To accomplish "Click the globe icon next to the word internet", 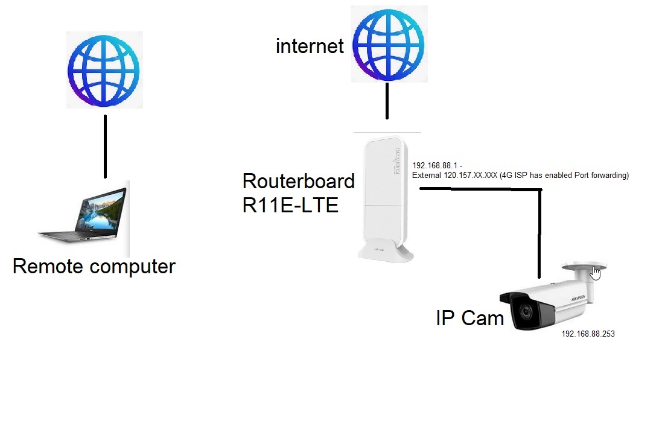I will [x=387, y=43].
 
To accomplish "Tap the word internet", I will [x=310, y=46].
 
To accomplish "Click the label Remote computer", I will [x=94, y=266].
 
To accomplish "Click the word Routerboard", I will [x=298, y=181].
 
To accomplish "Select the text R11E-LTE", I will [x=290, y=205].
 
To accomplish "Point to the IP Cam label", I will [x=469, y=318].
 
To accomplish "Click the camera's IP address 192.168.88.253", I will [x=588, y=333].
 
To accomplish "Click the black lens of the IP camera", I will [x=522, y=312].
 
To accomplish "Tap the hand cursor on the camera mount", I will [x=596, y=273].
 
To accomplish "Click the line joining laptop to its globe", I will [x=105, y=146].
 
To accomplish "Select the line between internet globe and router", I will [x=387, y=101].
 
